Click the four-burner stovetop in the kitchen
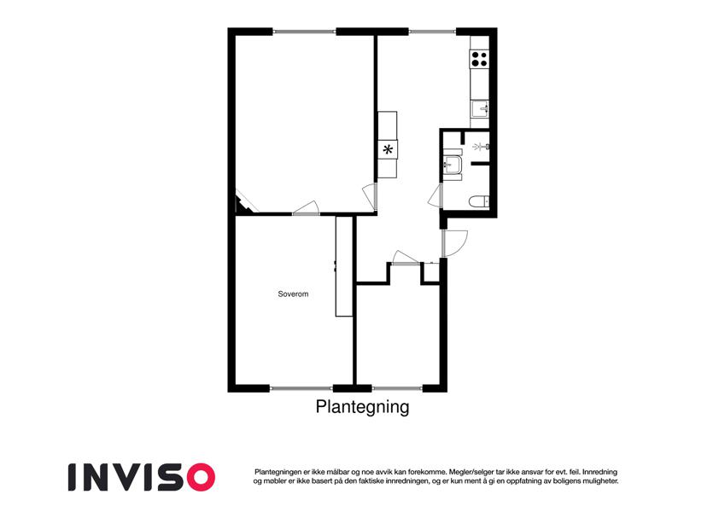(x=479, y=59)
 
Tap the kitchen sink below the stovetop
(x=480, y=109)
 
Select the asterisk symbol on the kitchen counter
(x=388, y=149)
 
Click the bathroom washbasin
(x=452, y=164)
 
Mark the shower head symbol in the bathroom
(x=481, y=147)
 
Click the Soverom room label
(x=293, y=294)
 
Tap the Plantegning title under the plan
(x=362, y=407)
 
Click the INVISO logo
(x=142, y=477)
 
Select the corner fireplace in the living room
(x=244, y=205)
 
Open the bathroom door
(x=436, y=196)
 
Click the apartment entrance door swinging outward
(x=454, y=243)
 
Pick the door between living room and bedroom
(x=306, y=208)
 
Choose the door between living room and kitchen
(x=371, y=196)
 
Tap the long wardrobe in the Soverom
(x=343, y=266)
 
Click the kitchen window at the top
(x=432, y=32)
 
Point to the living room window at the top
(x=304, y=32)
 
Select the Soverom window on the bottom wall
(x=301, y=388)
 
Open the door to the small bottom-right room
(x=406, y=259)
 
